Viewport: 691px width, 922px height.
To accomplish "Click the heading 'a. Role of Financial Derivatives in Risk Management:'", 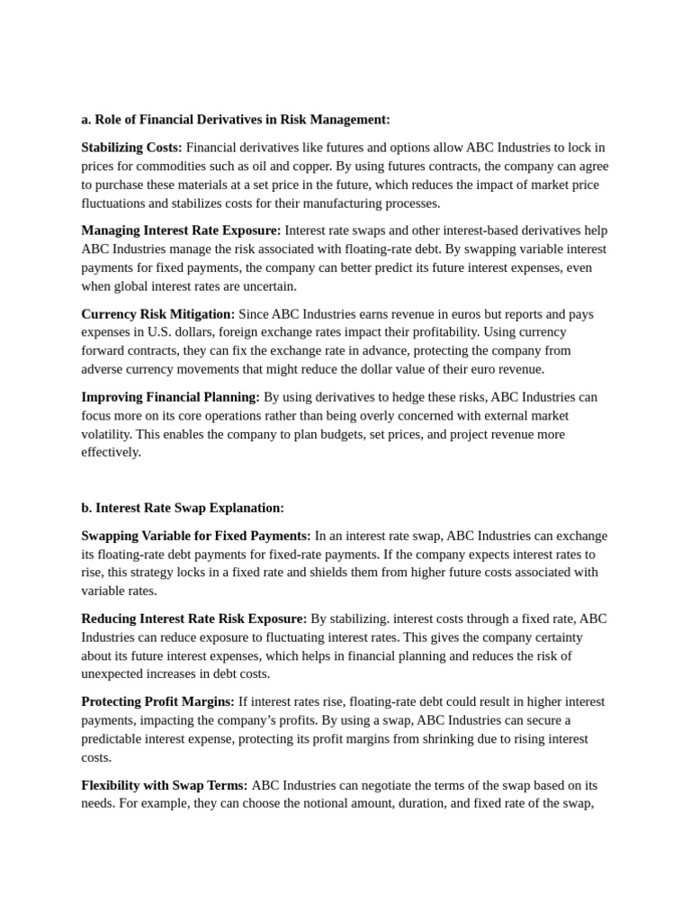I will coord(236,119).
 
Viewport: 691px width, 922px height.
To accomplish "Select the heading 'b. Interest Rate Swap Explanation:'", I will coord(183,508).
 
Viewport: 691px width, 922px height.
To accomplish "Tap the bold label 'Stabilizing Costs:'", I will coord(131,147).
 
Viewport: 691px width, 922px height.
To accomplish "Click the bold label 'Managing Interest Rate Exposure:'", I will coord(181,230).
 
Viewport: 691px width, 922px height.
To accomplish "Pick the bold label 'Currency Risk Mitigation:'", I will coord(157,313).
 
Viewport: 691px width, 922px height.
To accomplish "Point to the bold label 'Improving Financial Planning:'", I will coord(170,397).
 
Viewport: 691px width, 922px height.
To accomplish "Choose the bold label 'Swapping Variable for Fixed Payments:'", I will coord(196,536).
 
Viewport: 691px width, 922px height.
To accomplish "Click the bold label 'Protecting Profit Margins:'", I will coord(157,701).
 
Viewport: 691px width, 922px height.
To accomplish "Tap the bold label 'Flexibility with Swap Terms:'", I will coord(165,785).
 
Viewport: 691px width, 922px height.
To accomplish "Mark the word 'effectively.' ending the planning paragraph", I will coord(112,452).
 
